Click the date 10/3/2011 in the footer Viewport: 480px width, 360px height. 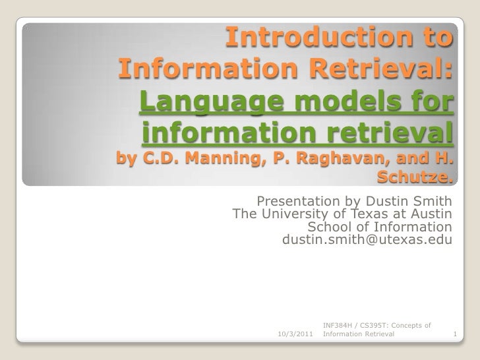(x=296, y=335)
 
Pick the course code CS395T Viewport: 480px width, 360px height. (x=382, y=325)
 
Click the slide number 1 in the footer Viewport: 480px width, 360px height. (x=455, y=335)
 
